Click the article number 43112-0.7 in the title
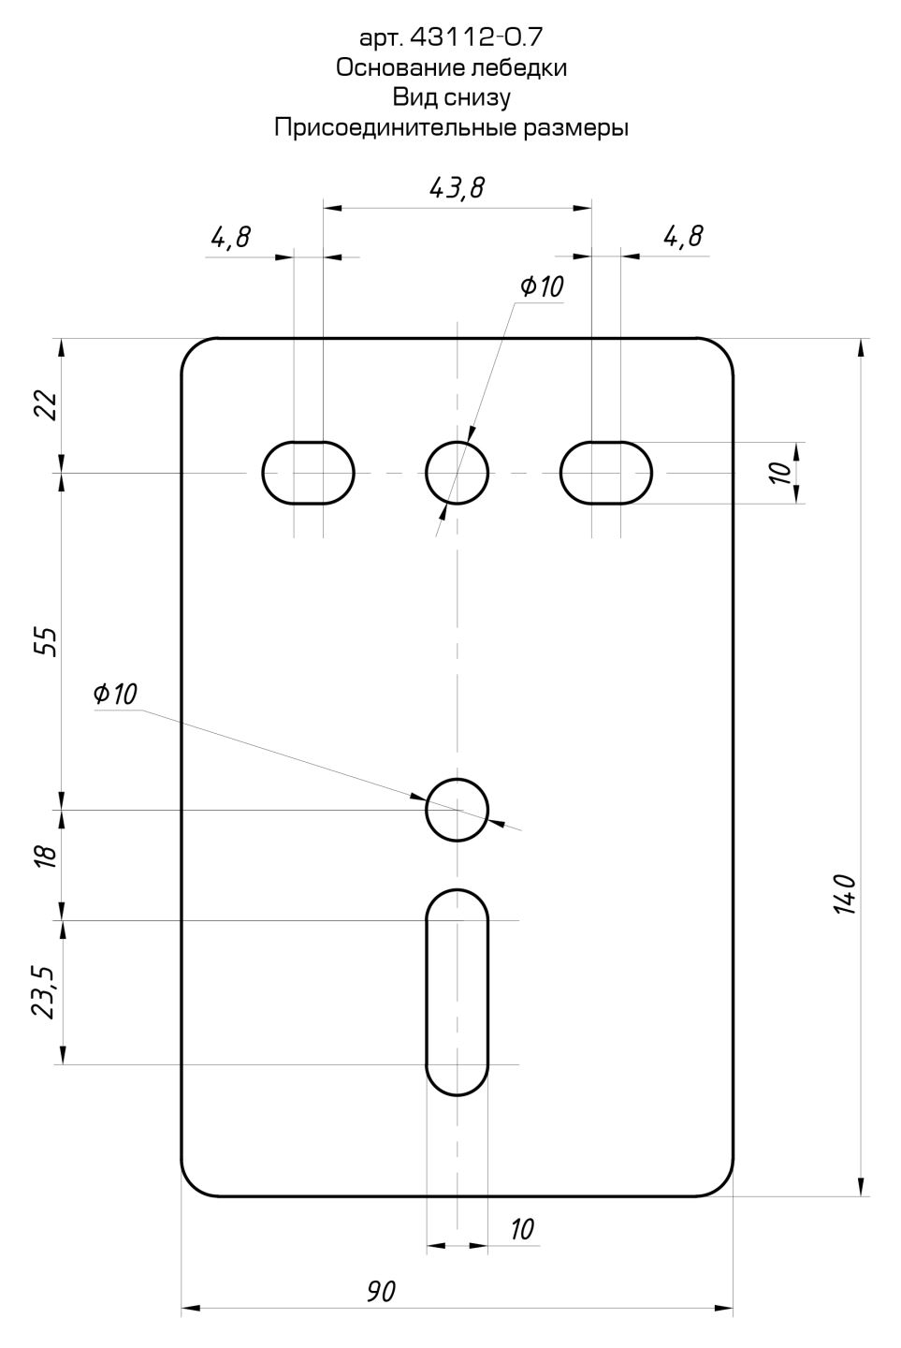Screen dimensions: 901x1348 pos(475,37)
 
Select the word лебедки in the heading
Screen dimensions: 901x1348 pos(518,67)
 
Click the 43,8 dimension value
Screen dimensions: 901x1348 pos(458,188)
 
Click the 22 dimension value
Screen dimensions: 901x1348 pos(47,405)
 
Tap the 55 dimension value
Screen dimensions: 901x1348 pos(47,642)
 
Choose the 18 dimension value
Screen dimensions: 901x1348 pos(47,856)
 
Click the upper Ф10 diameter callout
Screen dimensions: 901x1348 pos(542,286)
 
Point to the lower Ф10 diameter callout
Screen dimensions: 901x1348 pos(115,694)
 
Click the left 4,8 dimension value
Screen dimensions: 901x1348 pos(230,238)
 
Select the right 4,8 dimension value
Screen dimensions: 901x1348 pos(683,237)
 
